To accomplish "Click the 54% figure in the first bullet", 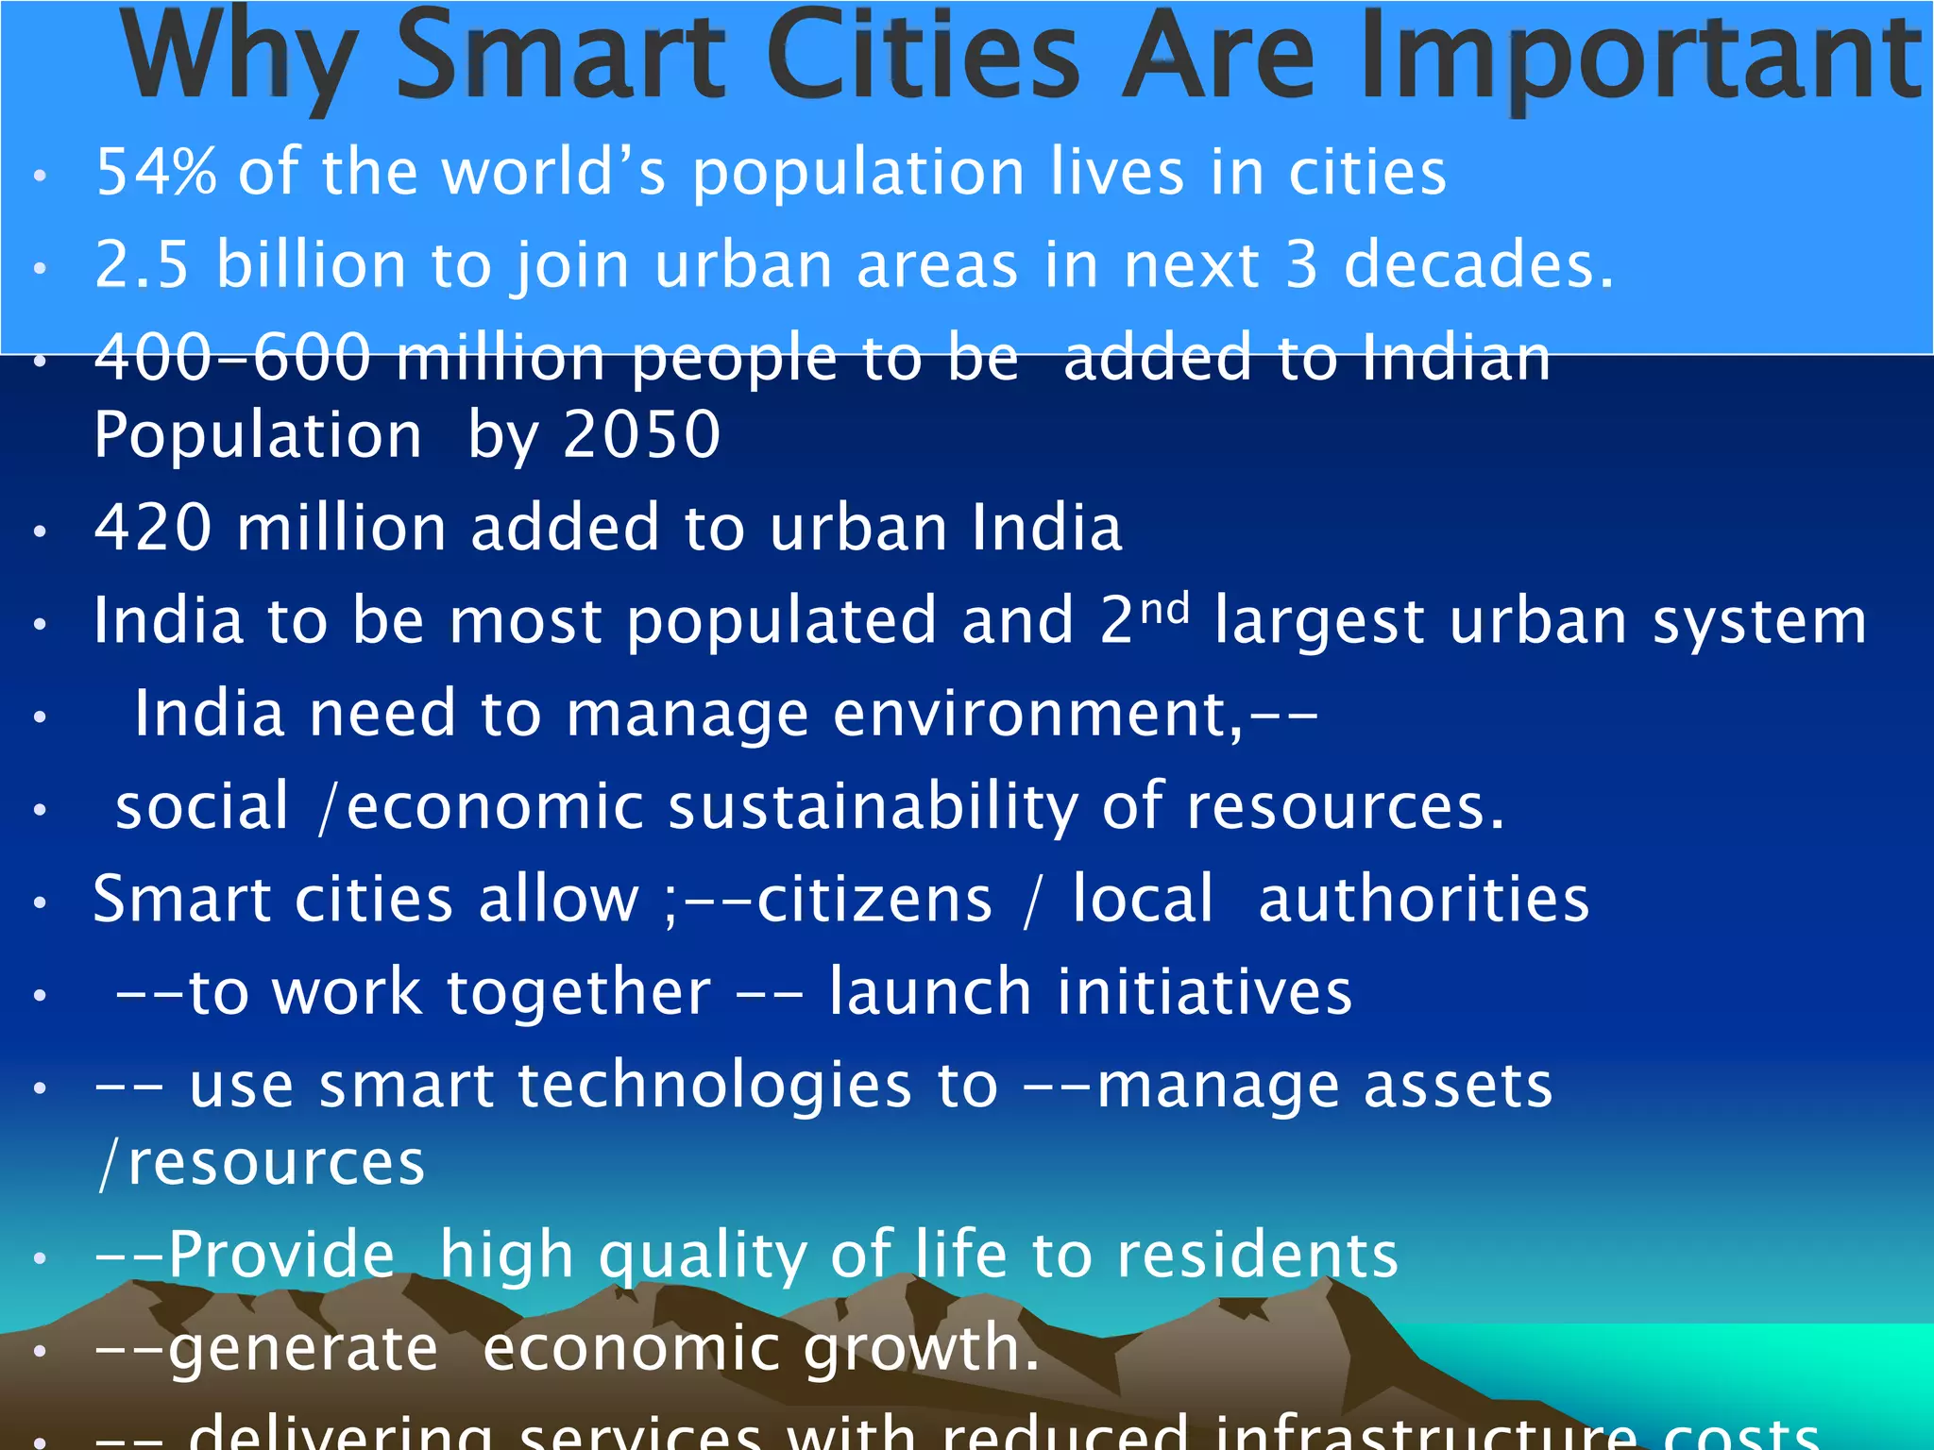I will [156, 172].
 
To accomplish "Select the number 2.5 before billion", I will [143, 264].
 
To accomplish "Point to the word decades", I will [1478, 264].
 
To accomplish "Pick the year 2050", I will [642, 435].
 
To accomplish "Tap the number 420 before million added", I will [153, 527].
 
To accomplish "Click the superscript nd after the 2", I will [1164, 609].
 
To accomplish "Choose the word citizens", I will [874, 899].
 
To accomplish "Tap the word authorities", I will [1424, 899].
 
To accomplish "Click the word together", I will [579, 993].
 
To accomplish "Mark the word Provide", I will [281, 1256].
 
